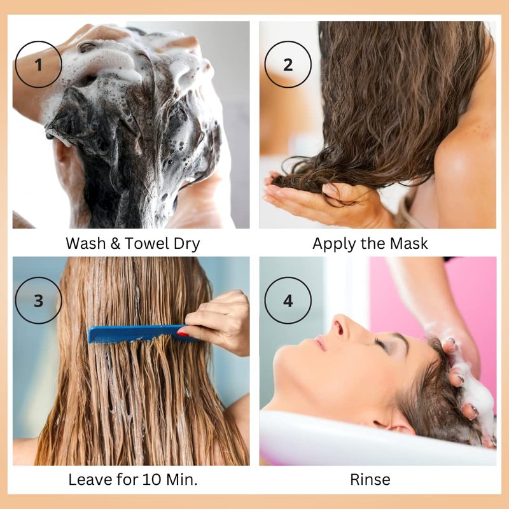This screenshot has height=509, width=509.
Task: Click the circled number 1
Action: click(38, 64)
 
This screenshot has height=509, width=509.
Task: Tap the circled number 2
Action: click(288, 64)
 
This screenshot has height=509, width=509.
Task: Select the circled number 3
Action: click(38, 300)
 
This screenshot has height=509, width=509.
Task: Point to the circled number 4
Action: click(288, 300)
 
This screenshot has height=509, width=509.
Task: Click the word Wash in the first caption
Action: click(86, 243)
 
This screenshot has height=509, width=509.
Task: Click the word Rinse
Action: click(370, 479)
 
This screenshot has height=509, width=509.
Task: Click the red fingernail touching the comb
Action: click(183, 333)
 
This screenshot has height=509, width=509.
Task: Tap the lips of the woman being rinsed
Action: click(320, 342)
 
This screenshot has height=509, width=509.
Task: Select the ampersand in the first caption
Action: click(115, 244)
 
